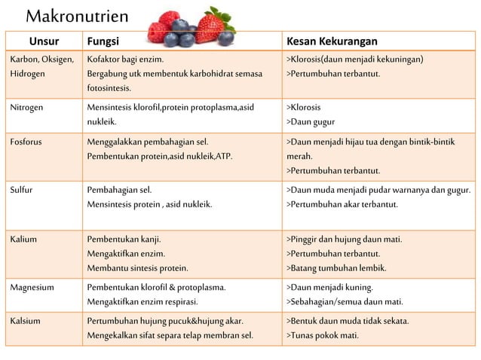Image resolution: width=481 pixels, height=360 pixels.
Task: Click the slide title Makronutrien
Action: point(78,16)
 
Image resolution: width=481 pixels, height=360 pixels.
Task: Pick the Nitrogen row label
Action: point(26,107)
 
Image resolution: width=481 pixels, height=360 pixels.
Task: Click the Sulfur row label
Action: point(21,189)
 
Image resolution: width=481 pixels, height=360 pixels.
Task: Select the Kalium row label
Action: point(23,239)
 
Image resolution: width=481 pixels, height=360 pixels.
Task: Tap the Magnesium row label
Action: point(31,287)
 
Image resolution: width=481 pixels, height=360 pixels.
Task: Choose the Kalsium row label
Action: point(25,321)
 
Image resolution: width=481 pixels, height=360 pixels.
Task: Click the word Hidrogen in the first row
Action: point(28,74)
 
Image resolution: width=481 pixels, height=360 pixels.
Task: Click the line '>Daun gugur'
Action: point(311,121)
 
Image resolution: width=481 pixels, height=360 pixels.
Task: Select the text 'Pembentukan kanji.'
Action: point(124,239)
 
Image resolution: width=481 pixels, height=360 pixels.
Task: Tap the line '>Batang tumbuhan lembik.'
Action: point(336,267)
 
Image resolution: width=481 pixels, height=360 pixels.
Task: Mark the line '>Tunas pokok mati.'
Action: point(323,335)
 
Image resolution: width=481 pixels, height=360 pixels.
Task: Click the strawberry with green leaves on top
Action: point(213,26)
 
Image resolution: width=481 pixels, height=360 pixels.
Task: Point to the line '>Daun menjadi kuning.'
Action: point(329,287)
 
